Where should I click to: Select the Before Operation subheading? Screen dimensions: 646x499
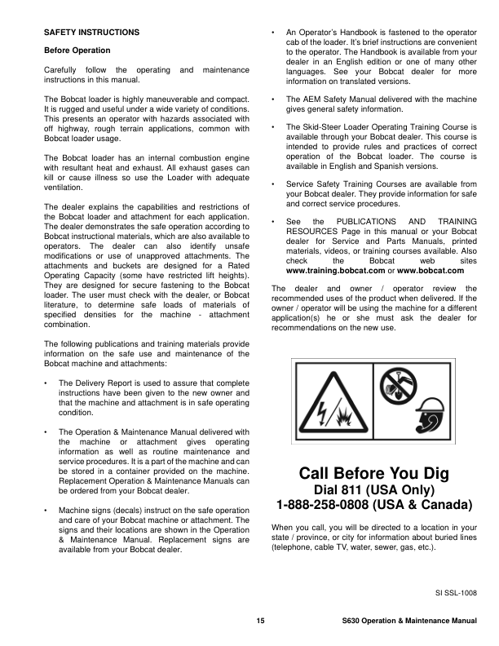pyautogui.click(x=77, y=51)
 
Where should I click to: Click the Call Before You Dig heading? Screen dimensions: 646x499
pyautogui.click(x=374, y=474)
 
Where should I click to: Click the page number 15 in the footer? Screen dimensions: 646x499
pyautogui.click(x=259, y=622)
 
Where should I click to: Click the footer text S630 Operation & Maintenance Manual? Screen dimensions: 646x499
pyautogui.click(x=409, y=622)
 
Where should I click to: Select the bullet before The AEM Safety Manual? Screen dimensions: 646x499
pyautogui.click(x=273, y=100)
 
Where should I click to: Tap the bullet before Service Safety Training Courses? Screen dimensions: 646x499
pyautogui.click(x=273, y=184)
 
